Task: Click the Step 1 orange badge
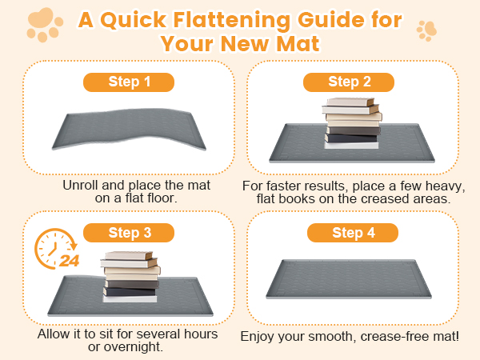coord(129,82)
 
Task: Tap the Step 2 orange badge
coord(349,82)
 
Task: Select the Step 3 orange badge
coord(129,233)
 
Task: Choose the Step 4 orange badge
coord(353,233)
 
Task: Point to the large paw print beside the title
coord(45,25)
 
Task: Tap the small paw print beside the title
coord(426,30)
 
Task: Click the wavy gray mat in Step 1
coord(129,129)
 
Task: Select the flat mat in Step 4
coord(349,279)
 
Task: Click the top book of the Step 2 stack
coord(350,102)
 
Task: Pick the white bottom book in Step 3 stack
coord(130,298)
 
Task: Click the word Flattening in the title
coord(231,20)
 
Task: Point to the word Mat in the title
coord(298,43)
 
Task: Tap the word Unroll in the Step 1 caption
coord(81,186)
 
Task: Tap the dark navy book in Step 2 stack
coord(351,138)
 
